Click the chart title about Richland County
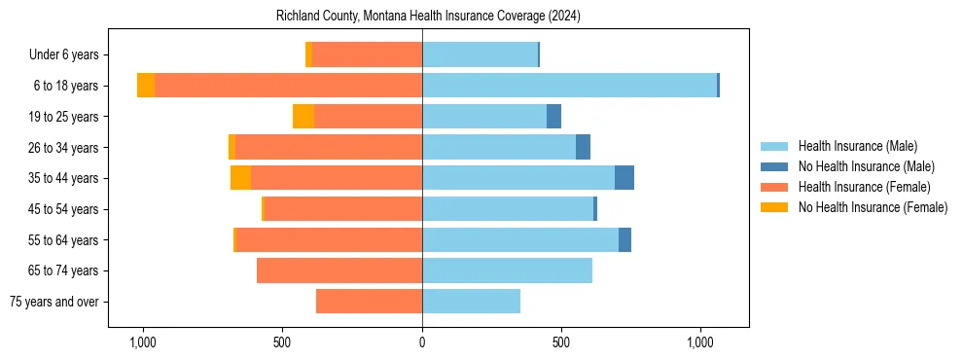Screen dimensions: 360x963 [x=428, y=16]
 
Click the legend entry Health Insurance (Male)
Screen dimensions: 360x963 [x=857, y=146]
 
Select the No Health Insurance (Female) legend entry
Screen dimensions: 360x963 [x=873, y=207]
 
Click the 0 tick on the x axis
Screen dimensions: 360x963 [x=422, y=343]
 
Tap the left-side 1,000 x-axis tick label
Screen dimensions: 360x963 [x=143, y=343]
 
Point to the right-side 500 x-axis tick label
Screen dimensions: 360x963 [x=561, y=343]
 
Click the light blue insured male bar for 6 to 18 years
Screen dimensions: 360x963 [x=569, y=86]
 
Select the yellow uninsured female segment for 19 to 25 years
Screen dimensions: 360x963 [x=303, y=117]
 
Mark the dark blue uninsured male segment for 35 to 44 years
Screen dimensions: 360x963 [x=624, y=178]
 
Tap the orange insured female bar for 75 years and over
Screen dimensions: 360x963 [x=369, y=302]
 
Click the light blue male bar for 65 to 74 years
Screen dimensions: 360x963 [x=507, y=270]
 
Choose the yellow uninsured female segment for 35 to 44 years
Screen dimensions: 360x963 [x=240, y=178]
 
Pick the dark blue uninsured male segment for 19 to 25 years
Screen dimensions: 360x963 [x=553, y=117]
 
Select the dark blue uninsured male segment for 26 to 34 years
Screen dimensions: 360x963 [x=583, y=147]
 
